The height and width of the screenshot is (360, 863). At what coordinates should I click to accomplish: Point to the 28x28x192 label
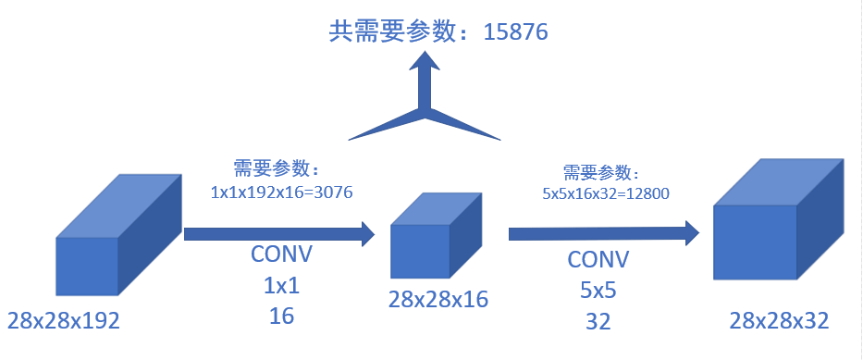coord(64,320)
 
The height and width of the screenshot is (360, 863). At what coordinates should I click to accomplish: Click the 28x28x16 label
coord(438,299)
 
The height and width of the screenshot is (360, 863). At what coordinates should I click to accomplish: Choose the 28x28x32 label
coord(778,320)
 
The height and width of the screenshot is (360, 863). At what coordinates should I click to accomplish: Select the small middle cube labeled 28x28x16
coord(430,240)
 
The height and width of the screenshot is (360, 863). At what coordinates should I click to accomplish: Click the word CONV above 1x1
coord(282,255)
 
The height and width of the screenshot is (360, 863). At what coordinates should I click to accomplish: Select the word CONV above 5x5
coord(598,258)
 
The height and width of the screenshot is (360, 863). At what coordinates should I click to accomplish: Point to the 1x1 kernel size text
coord(282,286)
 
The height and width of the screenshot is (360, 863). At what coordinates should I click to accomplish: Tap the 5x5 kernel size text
coord(598,290)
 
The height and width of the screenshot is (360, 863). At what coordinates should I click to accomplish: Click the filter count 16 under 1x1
coord(282,317)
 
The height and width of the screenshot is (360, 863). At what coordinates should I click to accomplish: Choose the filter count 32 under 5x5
coord(598,321)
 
